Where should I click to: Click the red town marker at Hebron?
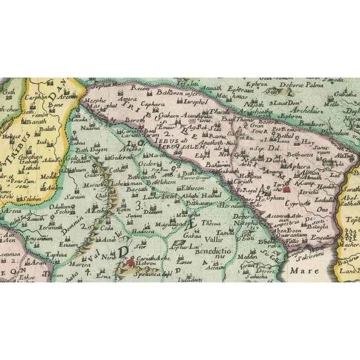pyautogui.click(x=130, y=261)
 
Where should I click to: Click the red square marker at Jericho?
pyautogui.click(x=287, y=189)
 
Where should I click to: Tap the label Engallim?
pyautogui.click(x=323, y=237)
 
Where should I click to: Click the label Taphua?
pyautogui.click(x=56, y=254)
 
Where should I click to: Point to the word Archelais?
pyautogui.click(x=323, y=111)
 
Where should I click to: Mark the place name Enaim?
pyautogui.click(x=67, y=244)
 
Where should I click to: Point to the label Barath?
pyautogui.click(x=35, y=120)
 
